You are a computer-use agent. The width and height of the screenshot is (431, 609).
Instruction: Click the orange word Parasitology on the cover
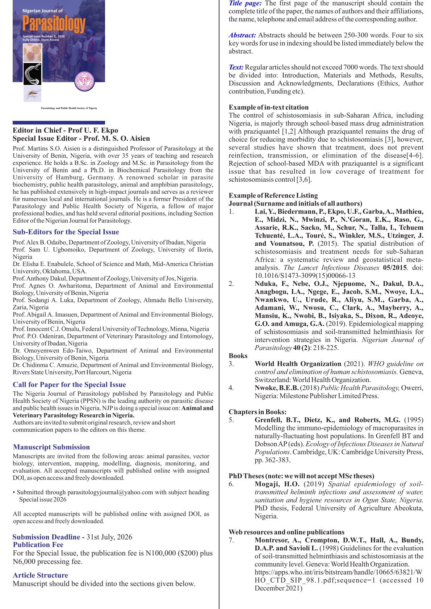54,24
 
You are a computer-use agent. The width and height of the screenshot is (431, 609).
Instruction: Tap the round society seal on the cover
84,80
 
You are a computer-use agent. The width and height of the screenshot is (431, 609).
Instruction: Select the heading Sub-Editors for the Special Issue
66,232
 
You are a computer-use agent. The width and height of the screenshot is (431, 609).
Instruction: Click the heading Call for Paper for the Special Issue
69,385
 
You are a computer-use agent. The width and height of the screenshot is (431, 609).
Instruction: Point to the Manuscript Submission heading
51,447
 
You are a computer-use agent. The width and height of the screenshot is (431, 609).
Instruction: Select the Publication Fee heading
38,545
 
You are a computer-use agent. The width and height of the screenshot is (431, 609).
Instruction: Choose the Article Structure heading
40,575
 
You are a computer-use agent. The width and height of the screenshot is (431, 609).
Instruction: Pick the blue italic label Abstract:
242,35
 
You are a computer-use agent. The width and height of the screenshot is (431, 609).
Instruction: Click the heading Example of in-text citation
268,107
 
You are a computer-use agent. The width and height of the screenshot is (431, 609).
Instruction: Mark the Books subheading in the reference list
238,356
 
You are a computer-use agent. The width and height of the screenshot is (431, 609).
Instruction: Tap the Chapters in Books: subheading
258,412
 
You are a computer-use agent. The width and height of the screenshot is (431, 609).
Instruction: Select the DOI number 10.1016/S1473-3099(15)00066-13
305,275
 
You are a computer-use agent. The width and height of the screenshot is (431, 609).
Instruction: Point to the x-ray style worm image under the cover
32,74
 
